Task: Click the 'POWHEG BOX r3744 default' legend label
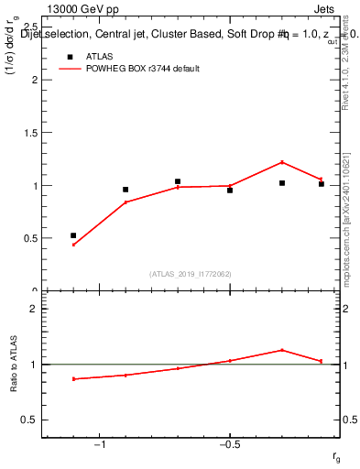[144, 69]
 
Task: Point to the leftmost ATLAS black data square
[73, 235]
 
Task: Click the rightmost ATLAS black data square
[322, 184]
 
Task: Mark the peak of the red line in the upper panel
[282, 162]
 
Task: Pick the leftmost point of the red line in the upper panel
[73, 245]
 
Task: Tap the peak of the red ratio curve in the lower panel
[282, 350]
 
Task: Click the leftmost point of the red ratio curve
[73, 378]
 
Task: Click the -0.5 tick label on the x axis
[229, 445]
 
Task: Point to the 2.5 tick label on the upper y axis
[32, 27]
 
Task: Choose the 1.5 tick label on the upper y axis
[32, 132]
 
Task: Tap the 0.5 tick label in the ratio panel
[32, 420]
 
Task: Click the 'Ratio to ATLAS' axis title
[14, 363]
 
